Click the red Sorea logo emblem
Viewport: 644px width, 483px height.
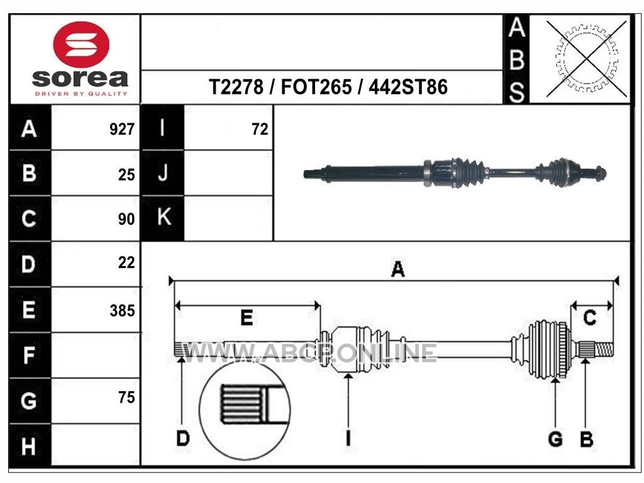[81, 45]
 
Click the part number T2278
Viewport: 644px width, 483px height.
[236, 87]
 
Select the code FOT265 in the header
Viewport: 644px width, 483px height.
[316, 87]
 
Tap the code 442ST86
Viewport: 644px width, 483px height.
[408, 87]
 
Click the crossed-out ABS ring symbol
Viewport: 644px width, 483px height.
[586, 58]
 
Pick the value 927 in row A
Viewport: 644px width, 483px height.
[122, 130]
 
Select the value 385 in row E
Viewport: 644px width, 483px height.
[122, 311]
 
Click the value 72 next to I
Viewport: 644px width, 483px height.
[260, 130]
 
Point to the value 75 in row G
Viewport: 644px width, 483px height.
[126, 397]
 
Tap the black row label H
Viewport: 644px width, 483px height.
[30, 446]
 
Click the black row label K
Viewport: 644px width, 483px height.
[163, 218]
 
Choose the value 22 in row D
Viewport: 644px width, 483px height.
[126, 263]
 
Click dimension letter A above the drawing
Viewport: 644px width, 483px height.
[397, 269]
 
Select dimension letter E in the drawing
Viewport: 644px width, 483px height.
[247, 318]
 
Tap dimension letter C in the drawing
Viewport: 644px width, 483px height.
[590, 318]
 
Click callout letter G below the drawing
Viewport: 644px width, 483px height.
[555, 439]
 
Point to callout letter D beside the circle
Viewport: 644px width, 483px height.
[183, 438]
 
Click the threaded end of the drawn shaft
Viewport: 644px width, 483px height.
[604, 350]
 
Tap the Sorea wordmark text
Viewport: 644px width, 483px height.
[80, 78]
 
